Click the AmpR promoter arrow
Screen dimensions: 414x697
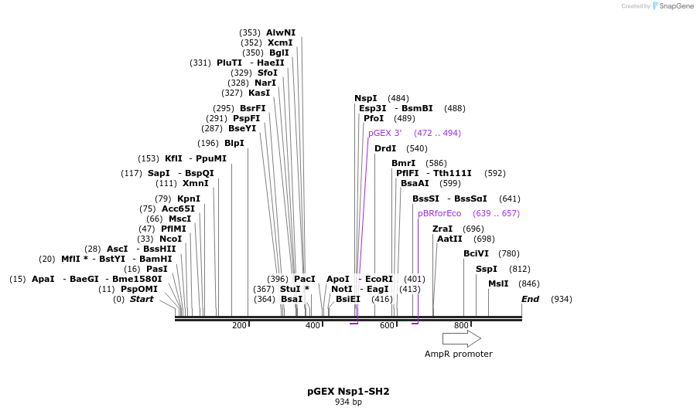(x=461, y=338)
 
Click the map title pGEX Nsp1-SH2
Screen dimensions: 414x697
(x=348, y=392)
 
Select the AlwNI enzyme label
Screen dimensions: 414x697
(x=281, y=32)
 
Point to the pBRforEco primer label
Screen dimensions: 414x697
(x=439, y=213)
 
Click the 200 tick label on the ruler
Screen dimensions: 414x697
(x=239, y=326)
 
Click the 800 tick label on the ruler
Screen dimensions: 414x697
(x=461, y=326)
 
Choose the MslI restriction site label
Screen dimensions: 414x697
(x=498, y=283)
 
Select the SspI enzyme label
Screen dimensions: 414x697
(x=487, y=269)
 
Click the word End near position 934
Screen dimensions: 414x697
(x=530, y=299)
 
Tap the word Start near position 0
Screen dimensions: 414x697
(x=142, y=299)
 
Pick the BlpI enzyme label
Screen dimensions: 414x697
(x=234, y=143)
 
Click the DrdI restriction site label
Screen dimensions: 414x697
(x=385, y=148)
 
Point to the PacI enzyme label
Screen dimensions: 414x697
(x=305, y=279)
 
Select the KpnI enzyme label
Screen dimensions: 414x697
(x=189, y=199)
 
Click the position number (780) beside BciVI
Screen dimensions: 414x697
(x=508, y=253)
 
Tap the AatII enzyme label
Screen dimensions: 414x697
(x=449, y=239)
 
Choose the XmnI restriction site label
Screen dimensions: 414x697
(x=196, y=183)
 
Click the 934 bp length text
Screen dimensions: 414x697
(x=348, y=402)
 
